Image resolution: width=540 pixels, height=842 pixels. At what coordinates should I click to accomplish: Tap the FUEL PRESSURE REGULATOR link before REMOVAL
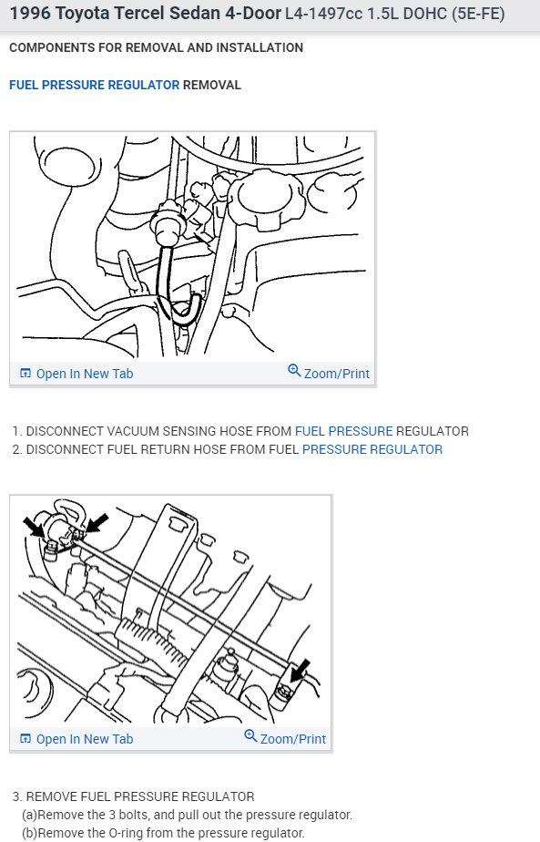pyautogui.click(x=94, y=85)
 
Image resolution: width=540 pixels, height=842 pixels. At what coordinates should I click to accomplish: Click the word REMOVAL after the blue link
pyautogui.click(x=212, y=85)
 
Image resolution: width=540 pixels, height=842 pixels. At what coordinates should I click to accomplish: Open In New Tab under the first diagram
pyautogui.click(x=84, y=374)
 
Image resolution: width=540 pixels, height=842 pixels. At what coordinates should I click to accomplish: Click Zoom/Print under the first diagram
pyautogui.click(x=336, y=374)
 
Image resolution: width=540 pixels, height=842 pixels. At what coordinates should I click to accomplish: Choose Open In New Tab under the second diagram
pyautogui.click(x=84, y=738)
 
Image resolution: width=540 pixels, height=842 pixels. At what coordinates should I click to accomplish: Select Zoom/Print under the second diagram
pyautogui.click(x=292, y=738)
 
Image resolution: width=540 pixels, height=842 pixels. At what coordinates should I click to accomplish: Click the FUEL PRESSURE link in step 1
pyautogui.click(x=343, y=431)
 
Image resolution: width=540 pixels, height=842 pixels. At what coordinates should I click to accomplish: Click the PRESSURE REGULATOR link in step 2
pyautogui.click(x=372, y=449)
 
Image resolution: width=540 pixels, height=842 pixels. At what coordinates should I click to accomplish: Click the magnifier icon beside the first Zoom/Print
pyautogui.click(x=294, y=372)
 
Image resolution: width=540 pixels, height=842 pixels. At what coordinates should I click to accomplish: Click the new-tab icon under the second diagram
pyautogui.click(x=25, y=738)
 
